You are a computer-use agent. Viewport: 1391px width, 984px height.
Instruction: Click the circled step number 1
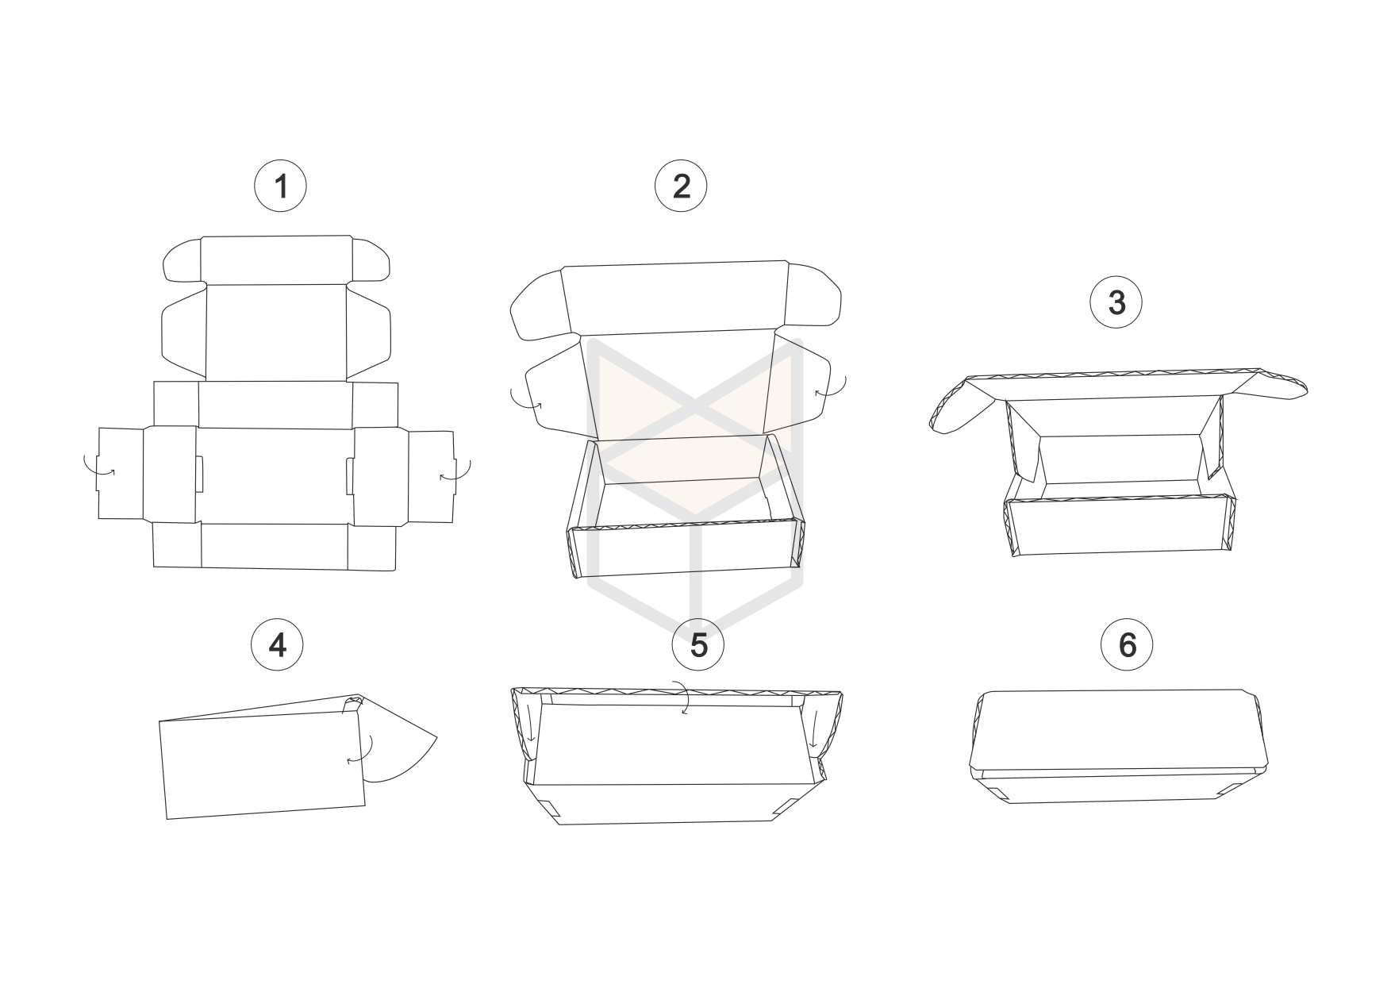pos(279,186)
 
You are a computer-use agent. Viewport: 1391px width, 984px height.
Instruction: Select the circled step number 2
pos(681,186)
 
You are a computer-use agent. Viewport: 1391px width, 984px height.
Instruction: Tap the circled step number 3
pos(1116,302)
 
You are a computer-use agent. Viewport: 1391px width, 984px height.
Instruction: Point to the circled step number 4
pos(278,645)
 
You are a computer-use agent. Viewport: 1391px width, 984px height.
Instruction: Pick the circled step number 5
pos(698,645)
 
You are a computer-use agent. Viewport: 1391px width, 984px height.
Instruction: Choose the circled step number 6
pos(1128,645)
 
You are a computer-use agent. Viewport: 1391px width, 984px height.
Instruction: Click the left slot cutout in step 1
pos(199,474)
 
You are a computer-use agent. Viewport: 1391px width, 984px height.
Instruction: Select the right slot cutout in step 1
pos(350,475)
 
